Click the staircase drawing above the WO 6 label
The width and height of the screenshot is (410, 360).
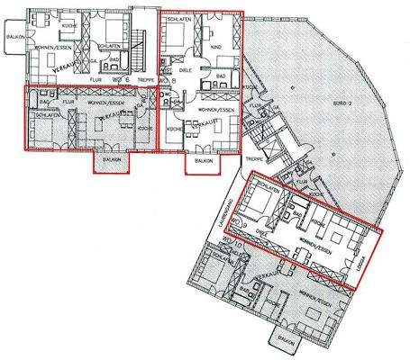click(137, 40)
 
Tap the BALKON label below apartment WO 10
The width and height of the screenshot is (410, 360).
click(287, 341)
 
